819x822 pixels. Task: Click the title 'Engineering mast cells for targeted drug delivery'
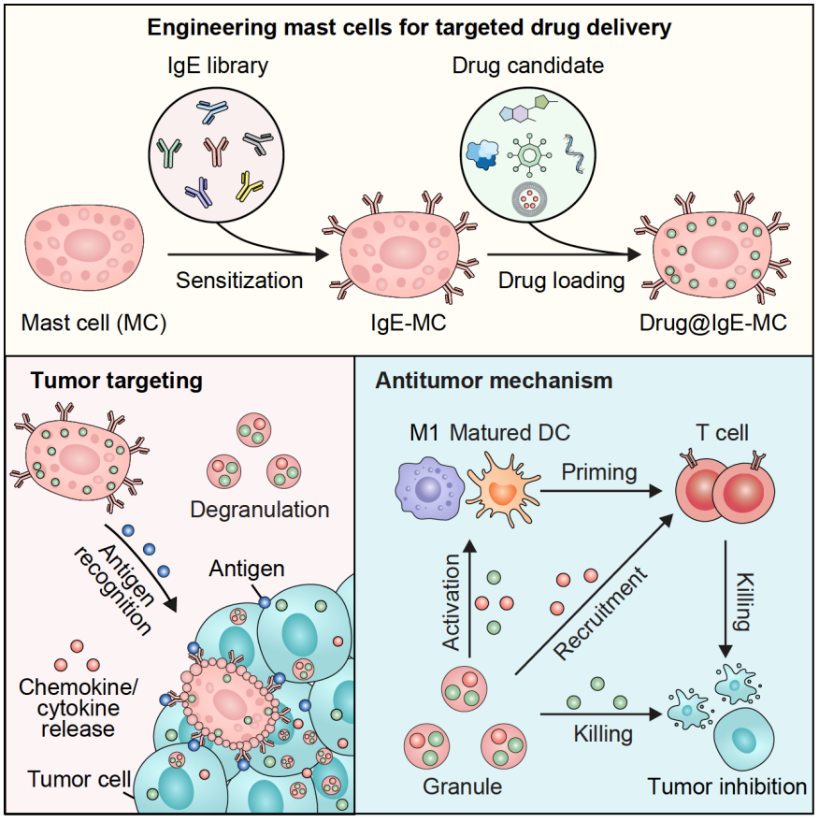click(x=409, y=27)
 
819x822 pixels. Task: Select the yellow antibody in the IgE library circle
click(x=251, y=184)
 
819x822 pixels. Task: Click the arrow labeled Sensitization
click(x=248, y=252)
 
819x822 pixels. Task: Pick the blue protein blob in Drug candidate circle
click(x=483, y=151)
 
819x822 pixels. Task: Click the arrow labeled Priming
click(x=598, y=486)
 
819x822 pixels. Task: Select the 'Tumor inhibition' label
click(x=727, y=786)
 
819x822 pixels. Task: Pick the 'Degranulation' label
click(x=259, y=510)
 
